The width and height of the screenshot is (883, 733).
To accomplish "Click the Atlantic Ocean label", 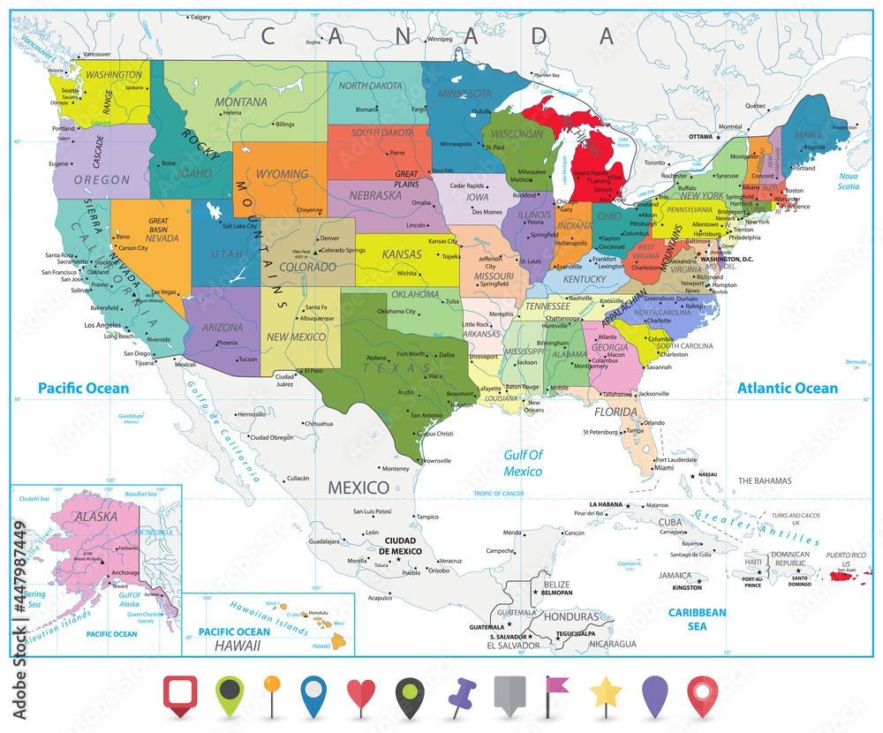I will click(788, 388).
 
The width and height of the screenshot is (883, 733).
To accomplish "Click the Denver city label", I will click(329, 238).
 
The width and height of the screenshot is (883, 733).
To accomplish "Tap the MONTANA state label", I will click(241, 102).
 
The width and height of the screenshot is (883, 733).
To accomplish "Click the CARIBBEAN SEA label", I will click(697, 618).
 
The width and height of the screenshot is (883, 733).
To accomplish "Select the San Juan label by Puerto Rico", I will click(845, 570).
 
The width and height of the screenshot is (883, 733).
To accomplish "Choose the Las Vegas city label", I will click(164, 292).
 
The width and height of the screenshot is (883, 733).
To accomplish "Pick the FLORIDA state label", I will click(615, 412).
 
